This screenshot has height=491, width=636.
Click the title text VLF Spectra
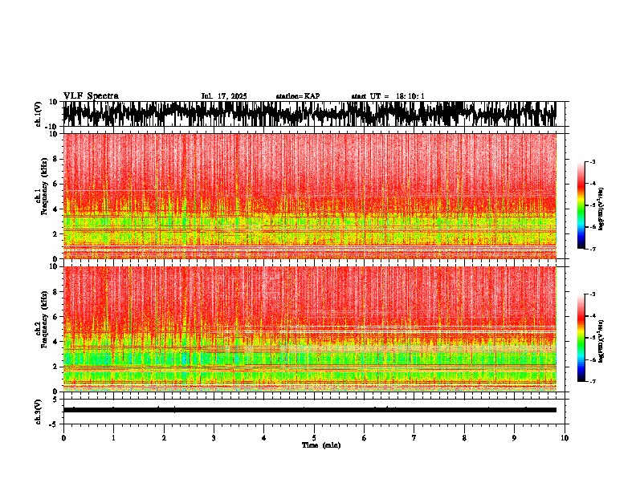[x=91, y=95]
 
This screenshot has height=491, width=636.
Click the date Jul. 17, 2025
[x=224, y=96]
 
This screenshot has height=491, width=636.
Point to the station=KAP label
[x=297, y=96]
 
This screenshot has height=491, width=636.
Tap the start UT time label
[x=388, y=96]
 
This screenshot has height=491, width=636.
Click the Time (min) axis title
[x=320, y=444]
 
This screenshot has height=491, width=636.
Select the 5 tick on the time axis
[x=314, y=437]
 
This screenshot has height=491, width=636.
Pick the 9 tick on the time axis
[x=515, y=437]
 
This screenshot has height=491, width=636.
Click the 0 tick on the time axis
[x=63, y=437]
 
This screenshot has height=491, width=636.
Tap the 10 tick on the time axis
[x=565, y=437]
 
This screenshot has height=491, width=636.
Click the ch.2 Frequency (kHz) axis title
[x=39, y=328]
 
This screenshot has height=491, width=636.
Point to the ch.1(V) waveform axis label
[x=38, y=114]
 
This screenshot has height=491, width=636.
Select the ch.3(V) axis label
[x=38, y=410]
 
